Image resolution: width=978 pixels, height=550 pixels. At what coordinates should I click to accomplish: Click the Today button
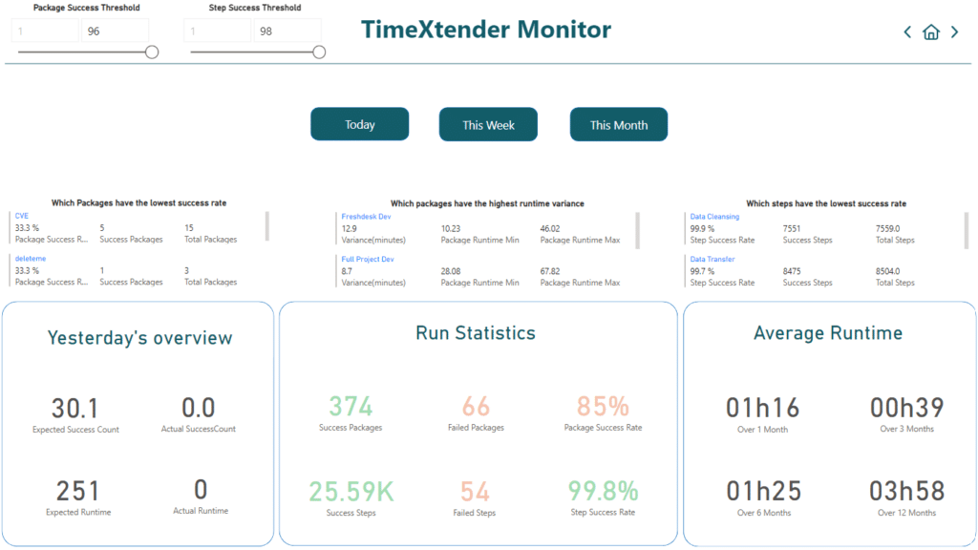(359, 124)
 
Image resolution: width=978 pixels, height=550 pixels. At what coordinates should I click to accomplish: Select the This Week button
(488, 124)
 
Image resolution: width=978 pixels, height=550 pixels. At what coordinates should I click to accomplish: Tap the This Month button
(618, 124)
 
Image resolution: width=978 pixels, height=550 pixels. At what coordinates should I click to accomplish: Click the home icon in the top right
(930, 32)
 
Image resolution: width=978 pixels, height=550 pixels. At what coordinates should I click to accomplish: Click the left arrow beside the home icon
(907, 32)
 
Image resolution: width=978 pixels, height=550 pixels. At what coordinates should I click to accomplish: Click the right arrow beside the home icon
(954, 32)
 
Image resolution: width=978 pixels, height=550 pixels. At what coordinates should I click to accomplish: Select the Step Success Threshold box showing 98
(289, 32)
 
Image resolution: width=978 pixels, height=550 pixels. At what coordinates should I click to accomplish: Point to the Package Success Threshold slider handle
(152, 53)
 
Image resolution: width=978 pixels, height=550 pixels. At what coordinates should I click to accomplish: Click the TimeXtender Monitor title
(486, 30)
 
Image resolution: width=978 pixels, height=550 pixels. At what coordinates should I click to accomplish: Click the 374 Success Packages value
(351, 407)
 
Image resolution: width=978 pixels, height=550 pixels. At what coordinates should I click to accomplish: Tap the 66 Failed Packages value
(475, 407)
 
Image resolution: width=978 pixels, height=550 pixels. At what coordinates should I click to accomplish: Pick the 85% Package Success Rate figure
(603, 407)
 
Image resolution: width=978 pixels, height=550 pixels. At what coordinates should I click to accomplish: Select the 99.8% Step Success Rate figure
(603, 491)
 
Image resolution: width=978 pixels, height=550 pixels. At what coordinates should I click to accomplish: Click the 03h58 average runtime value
(906, 491)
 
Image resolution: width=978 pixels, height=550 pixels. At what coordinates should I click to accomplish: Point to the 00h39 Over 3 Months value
(906, 408)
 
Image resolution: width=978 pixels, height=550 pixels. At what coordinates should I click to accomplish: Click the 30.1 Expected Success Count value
(75, 409)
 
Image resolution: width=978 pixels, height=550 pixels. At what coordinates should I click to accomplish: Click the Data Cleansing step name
(714, 217)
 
